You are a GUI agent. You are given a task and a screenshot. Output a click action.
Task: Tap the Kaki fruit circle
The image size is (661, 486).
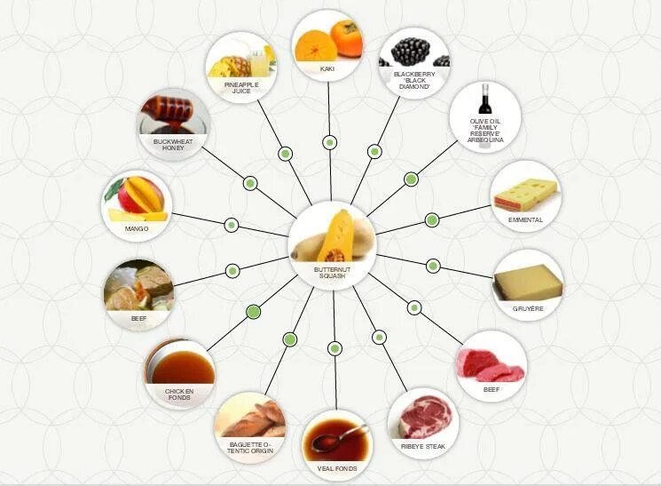(327, 44)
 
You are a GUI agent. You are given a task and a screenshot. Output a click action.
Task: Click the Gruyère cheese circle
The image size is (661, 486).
(528, 284)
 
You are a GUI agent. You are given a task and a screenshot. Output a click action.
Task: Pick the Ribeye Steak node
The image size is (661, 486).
(421, 420)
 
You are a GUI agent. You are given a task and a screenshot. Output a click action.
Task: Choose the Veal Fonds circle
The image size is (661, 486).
(337, 445)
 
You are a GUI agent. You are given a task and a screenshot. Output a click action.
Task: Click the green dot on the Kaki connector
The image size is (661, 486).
(330, 142)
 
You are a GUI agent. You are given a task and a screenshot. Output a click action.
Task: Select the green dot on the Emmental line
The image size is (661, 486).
(432, 219)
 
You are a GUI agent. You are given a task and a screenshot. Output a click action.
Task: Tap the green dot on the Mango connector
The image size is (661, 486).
(232, 225)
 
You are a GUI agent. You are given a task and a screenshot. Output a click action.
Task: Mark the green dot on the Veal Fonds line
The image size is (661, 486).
(334, 347)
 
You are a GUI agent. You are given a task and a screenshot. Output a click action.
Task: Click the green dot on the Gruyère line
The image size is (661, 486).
(433, 265)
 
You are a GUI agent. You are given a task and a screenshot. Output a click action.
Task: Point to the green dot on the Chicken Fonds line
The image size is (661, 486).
(253, 311)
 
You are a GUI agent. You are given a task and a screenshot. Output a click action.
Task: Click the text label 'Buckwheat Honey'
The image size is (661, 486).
(172, 145)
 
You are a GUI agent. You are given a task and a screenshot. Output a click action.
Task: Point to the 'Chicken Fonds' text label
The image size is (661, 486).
(179, 394)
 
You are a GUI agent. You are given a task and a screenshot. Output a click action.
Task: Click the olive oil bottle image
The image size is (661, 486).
(485, 102)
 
